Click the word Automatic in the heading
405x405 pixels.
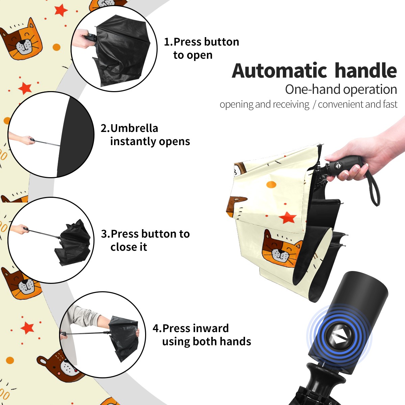pyautogui.click(x=279, y=71)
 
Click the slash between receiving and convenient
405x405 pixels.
pyautogui.click(x=314, y=105)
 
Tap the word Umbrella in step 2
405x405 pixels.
pyautogui.click(x=134, y=128)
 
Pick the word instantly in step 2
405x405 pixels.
pyautogui.click(x=133, y=142)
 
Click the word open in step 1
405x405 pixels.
pyautogui.click(x=199, y=55)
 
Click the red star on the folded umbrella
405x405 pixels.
pyautogui.click(x=287, y=218)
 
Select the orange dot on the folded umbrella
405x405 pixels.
pyautogui.click(x=271, y=185)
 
